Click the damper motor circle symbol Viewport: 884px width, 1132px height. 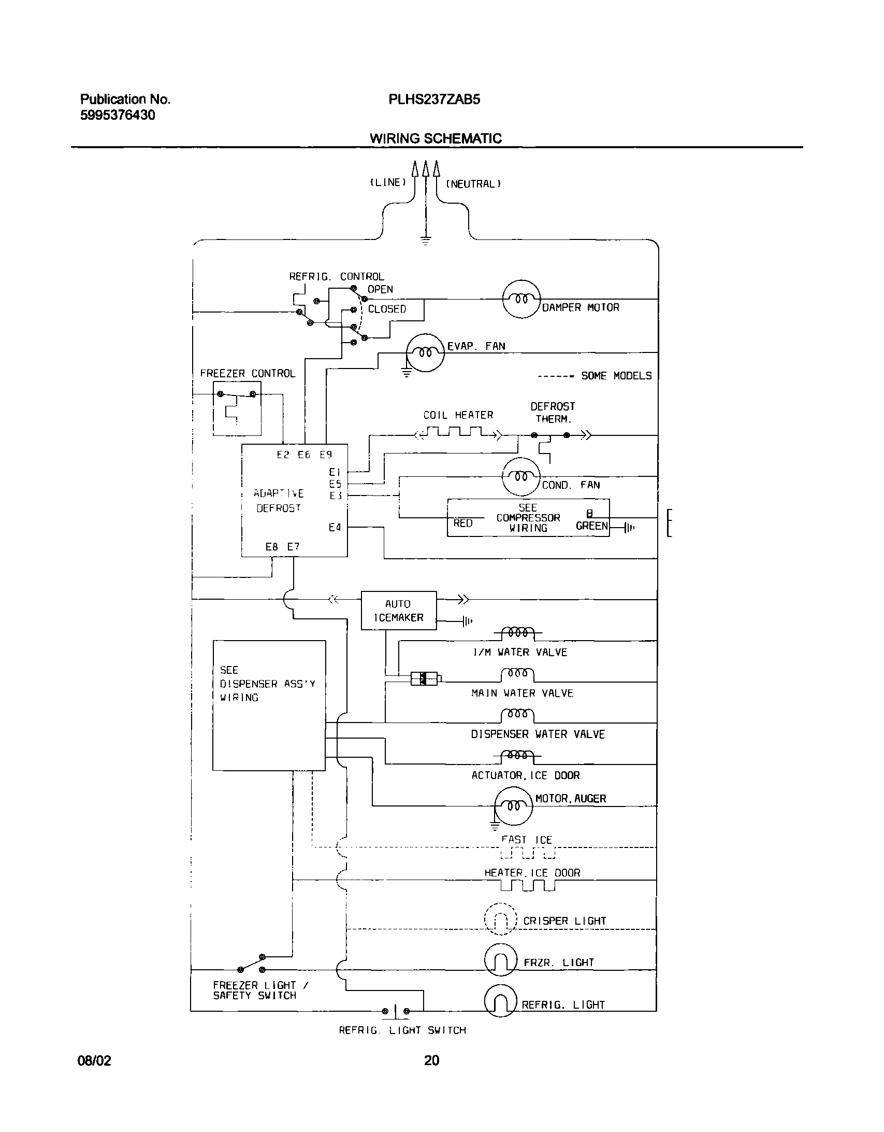click(521, 299)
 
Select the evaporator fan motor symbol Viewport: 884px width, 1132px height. click(425, 352)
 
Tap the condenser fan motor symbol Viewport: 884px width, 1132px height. click(521, 476)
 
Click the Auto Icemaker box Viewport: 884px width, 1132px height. click(398, 611)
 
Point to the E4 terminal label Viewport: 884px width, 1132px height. click(335, 528)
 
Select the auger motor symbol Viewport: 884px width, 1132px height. click(513, 805)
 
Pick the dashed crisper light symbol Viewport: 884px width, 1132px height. click(500, 918)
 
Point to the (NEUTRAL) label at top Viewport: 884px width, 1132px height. click(473, 184)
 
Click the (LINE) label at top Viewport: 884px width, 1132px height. click(387, 182)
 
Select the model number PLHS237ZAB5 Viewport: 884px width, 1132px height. click(434, 100)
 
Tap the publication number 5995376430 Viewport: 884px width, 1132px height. click(118, 115)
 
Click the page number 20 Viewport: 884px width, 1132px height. click(431, 1060)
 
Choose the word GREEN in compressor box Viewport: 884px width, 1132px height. click(591, 526)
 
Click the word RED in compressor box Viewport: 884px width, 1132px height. click(462, 523)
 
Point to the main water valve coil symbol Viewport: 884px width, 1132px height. click(517, 674)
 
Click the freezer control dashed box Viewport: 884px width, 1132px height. click(237, 408)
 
